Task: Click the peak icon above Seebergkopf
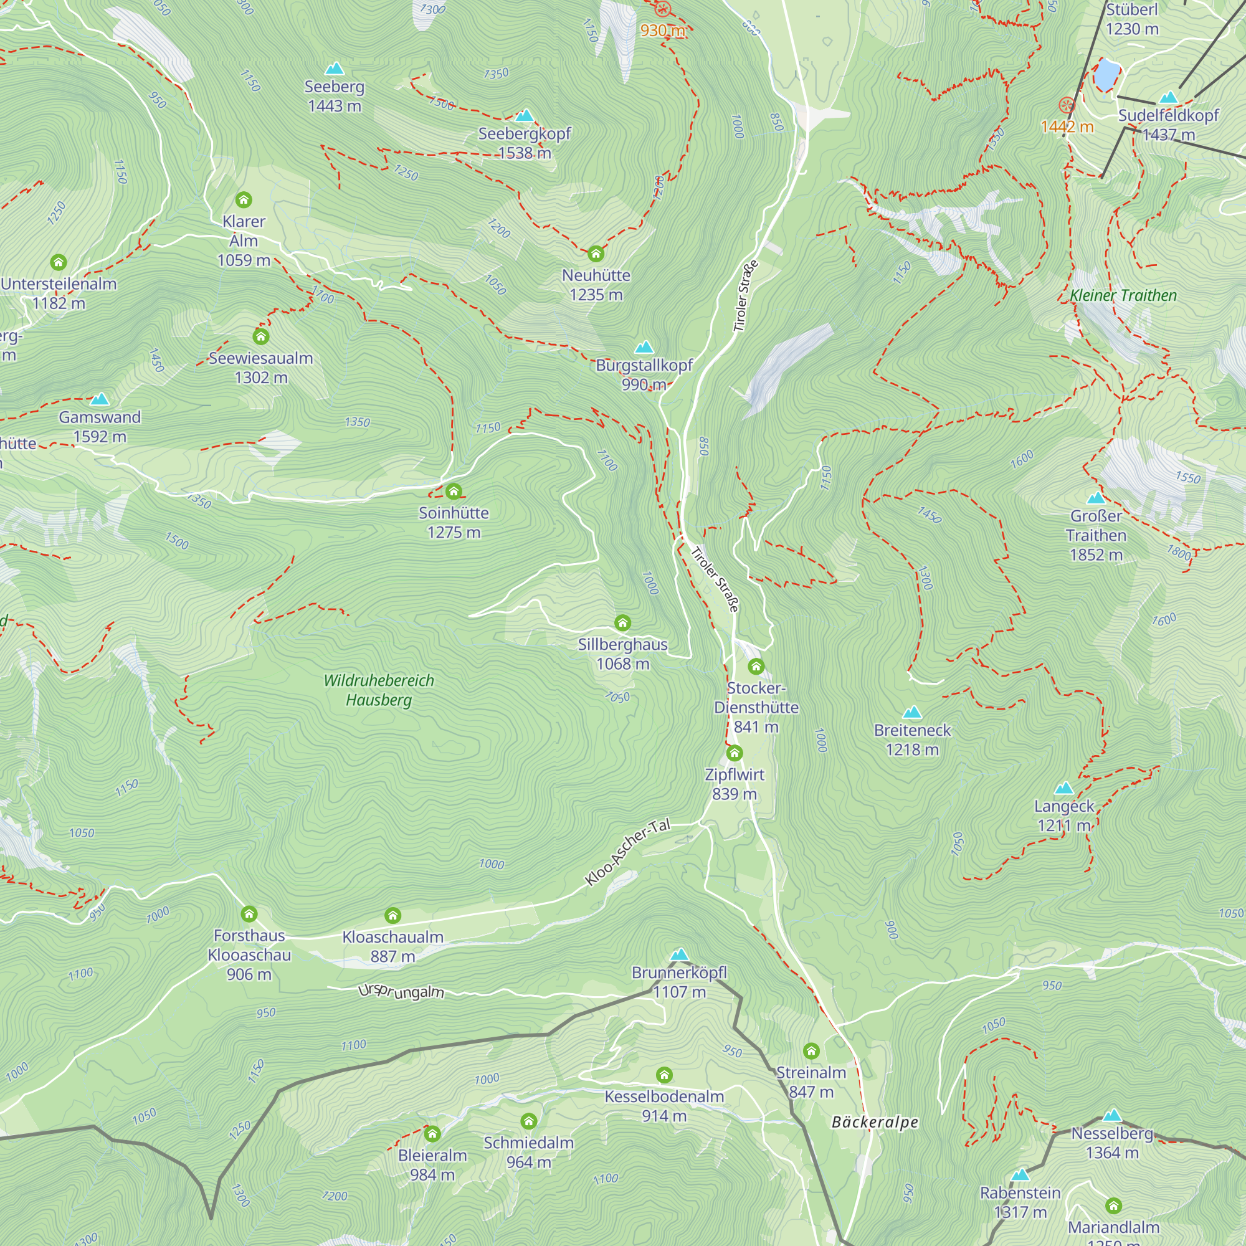pos(525,116)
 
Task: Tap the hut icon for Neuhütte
pos(596,254)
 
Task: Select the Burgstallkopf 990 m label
pos(644,374)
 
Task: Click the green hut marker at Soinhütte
pos(454,492)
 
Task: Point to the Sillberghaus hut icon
pos(622,622)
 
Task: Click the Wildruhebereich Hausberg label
pos(379,690)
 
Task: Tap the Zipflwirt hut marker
pos(734,753)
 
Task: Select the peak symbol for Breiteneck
pos(912,712)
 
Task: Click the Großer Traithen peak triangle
pos(1096,498)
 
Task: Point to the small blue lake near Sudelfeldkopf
pos(1105,74)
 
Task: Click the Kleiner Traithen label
pos(1123,295)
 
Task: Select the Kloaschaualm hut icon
pos(392,915)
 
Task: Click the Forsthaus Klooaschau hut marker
pos(249,914)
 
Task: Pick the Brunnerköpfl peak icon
pos(678,954)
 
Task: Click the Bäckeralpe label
pos(875,1122)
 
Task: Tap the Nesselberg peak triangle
pos(1112,1116)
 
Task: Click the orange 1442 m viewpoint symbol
pos(1067,105)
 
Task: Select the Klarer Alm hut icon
pos(243,200)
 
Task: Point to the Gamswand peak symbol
pos(99,399)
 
